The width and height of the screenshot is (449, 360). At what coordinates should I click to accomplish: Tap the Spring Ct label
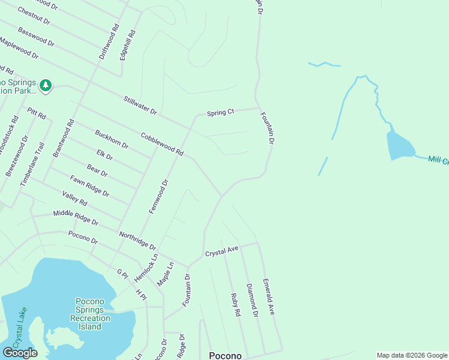tap(220, 112)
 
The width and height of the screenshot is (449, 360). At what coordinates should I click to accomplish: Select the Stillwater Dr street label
tap(140, 106)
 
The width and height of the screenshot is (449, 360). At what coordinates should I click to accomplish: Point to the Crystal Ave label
tap(222, 250)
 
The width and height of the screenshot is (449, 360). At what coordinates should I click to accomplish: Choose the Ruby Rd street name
tap(235, 305)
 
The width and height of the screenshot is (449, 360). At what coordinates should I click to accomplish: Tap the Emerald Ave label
tap(268, 296)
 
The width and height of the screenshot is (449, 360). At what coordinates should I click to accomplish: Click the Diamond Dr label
tap(252, 300)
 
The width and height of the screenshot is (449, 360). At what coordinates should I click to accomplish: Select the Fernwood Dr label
tap(158, 196)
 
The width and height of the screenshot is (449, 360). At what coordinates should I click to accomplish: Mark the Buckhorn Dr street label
tap(112, 139)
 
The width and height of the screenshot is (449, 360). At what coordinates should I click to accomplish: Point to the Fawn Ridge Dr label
tap(89, 185)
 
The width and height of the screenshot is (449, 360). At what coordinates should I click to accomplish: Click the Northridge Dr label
tap(137, 241)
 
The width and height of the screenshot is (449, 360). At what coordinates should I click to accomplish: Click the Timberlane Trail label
tap(32, 164)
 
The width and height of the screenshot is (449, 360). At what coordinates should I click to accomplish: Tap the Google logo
tap(20, 353)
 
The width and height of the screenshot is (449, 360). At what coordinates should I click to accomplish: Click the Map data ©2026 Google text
tap(411, 355)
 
